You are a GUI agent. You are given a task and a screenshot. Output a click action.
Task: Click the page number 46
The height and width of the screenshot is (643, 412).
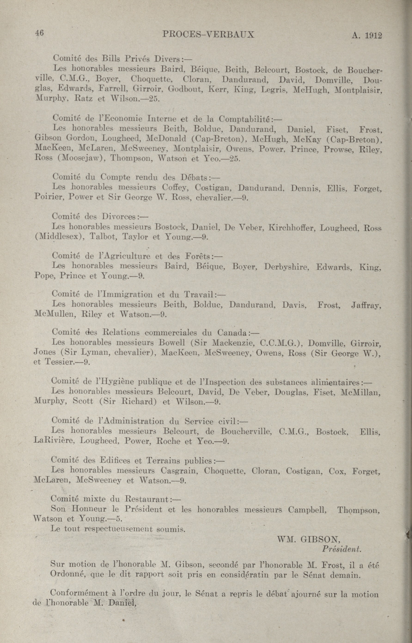(x=39, y=33)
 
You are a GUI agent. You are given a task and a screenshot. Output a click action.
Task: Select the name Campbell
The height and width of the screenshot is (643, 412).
(x=307, y=509)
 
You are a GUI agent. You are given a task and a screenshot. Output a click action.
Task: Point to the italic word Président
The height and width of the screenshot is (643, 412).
(x=342, y=549)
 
